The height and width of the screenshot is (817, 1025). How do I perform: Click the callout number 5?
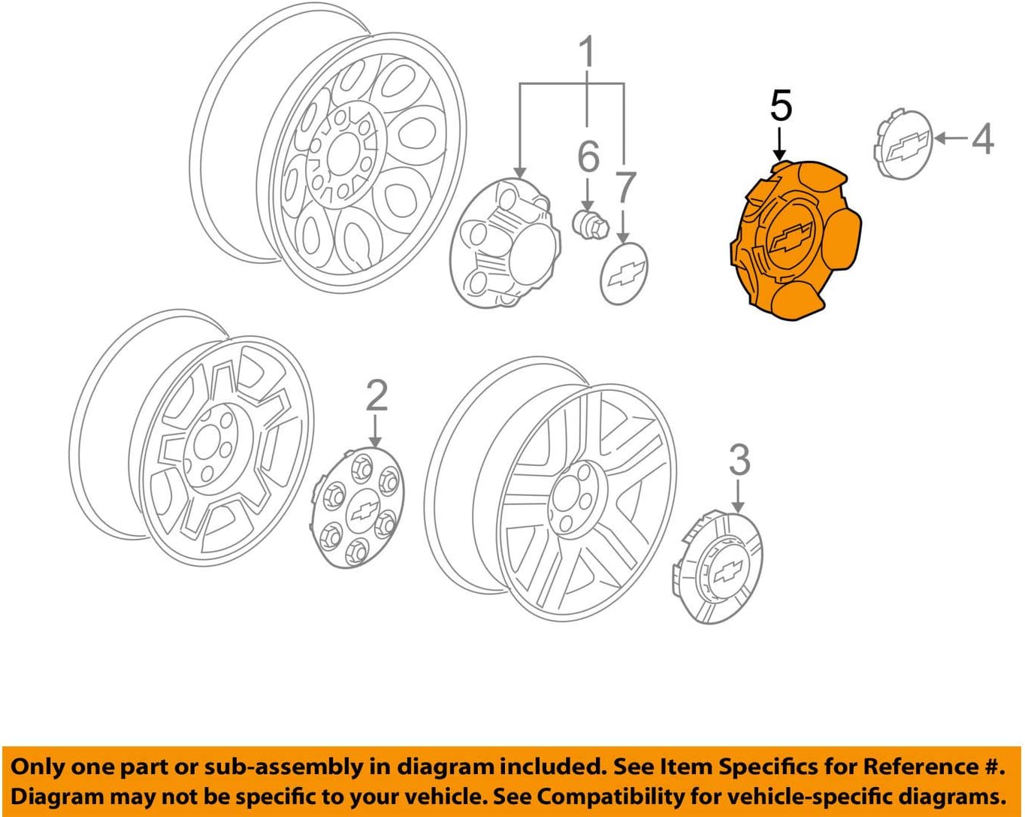(x=781, y=106)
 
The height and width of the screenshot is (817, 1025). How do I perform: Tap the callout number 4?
(x=982, y=138)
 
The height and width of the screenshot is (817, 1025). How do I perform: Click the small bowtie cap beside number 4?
(x=903, y=144)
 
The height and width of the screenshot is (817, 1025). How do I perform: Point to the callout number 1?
(x=587, y=53)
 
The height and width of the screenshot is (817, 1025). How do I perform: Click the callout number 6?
(x=588, y=157)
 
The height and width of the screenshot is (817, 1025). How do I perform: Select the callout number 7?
(x=625, y=187)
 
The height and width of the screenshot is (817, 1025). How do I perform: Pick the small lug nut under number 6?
(x=588, y=222)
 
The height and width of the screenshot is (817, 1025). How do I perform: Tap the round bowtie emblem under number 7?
(x=624, y=274)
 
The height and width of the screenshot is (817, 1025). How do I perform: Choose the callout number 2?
(x=376, y=396)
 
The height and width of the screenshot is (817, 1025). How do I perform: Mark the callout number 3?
(x=739, y=460)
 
